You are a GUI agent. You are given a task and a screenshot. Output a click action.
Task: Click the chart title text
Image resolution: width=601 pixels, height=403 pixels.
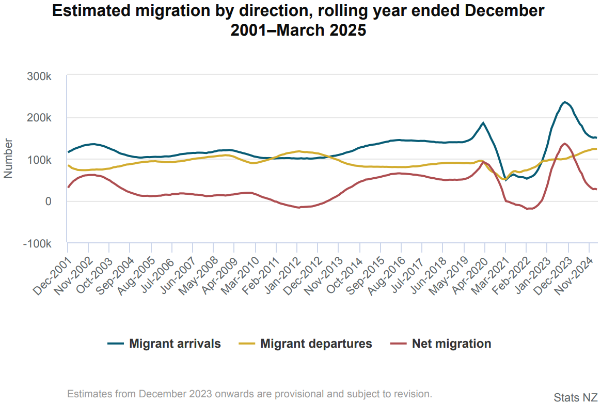298,21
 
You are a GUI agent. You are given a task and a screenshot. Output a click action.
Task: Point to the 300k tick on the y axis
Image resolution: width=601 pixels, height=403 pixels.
39,76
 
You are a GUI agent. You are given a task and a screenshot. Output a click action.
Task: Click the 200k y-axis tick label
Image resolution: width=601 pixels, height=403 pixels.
39,118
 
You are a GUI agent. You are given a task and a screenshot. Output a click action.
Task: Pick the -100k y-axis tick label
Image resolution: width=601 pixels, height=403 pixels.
37,243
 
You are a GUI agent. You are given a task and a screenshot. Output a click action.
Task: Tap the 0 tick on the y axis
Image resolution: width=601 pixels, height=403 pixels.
48,202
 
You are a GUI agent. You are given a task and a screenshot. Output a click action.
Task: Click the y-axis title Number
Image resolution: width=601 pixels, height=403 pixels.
8,158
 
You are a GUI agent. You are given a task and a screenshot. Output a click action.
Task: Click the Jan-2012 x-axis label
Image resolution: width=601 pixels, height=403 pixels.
282,277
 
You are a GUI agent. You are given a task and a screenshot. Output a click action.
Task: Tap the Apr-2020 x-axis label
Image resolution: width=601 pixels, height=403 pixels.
470,277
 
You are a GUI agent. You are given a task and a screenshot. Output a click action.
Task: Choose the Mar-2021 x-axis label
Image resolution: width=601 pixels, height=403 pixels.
491,277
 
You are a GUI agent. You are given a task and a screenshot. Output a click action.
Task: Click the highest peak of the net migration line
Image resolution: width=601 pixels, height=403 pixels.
565,144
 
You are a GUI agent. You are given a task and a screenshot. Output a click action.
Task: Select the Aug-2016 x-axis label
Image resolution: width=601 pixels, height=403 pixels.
387,277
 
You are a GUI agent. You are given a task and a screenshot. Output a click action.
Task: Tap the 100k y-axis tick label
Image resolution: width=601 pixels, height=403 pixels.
39,160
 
